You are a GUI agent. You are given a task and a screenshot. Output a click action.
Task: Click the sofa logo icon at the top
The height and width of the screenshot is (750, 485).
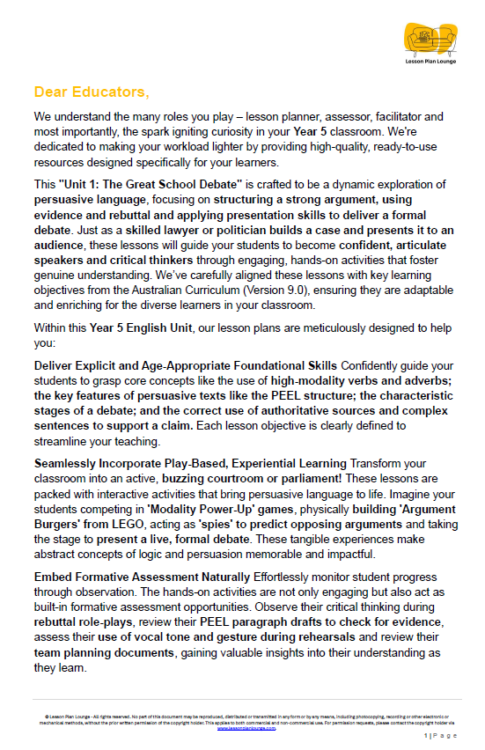point(428,38)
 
